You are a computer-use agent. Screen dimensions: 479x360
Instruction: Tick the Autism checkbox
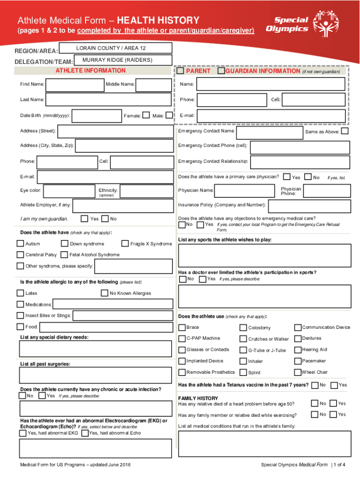click(x=20, y=243)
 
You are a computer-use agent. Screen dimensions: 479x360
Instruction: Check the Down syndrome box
click(x=65, y=243)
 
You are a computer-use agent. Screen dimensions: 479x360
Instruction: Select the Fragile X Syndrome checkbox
click(x=125, y=243)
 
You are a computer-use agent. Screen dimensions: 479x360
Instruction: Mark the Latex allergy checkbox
click(x=20, y=293)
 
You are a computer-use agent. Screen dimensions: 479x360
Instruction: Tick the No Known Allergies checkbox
click(x=105, y=293)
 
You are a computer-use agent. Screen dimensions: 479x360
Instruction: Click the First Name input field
click(x=75, y=84)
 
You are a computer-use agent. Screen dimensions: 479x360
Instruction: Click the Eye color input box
click(x=69, y=191)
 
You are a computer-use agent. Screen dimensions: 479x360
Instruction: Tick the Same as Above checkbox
click(x=345, y=131)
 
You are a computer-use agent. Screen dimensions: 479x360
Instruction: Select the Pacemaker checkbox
click(x=298, y=361)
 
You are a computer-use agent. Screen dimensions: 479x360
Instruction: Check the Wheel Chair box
click(x=298, y=372)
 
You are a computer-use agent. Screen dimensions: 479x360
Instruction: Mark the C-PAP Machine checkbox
click(x=182, y=338)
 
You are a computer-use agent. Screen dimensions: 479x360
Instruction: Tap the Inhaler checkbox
click(x=243, y=361)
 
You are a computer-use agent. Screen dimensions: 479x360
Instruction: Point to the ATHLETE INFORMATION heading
click(x=91, y=71)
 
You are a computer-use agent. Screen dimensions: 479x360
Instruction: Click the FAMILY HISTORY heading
click(x=198, y=398)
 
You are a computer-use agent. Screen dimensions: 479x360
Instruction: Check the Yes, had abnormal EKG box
click(x=22, y=433)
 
